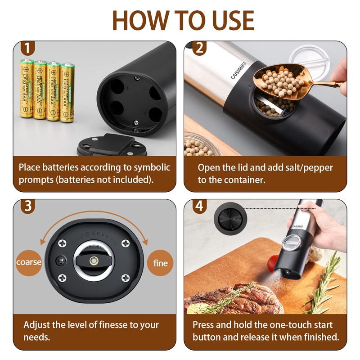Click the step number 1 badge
[27, 48]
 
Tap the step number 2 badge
[199, 48]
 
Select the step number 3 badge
[27, 206]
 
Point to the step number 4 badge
[199, 206]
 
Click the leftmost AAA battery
[27, 88]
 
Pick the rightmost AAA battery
[67, 92]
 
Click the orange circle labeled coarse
[29, 262]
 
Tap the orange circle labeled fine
[160, 263]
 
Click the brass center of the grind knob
[94, 261]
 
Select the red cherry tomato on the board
[273, 263]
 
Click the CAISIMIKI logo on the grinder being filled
[238, 71]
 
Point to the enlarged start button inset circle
[230, 219]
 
